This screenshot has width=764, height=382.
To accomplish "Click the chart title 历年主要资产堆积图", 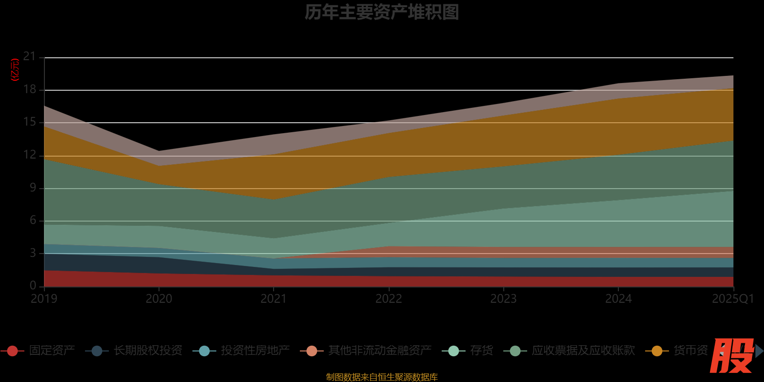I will click(x=382, y=12).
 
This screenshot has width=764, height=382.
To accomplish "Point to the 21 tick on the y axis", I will click(x=30, y=57).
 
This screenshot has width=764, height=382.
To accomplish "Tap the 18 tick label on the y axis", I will click(x=30, y=89).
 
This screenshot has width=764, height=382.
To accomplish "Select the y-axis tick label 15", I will click(x=30, y=122).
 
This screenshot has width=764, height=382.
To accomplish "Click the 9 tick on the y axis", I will click(x=32, y=188).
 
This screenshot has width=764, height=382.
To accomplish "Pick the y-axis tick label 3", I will click(x=32, y=253).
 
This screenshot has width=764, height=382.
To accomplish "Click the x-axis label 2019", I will click(x=44, y=299).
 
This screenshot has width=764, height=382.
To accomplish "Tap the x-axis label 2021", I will click(x=274, y=299).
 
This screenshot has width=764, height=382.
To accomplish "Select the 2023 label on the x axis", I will click(x=503, y=299).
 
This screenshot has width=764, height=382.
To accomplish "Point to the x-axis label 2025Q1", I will click(x=732, y=299).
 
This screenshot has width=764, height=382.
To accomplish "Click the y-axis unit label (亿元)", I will click(x=15, y=70).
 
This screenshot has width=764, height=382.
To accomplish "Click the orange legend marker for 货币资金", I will click(x=657, y=351).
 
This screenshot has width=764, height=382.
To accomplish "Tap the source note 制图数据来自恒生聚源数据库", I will click(x=382, y=377).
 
